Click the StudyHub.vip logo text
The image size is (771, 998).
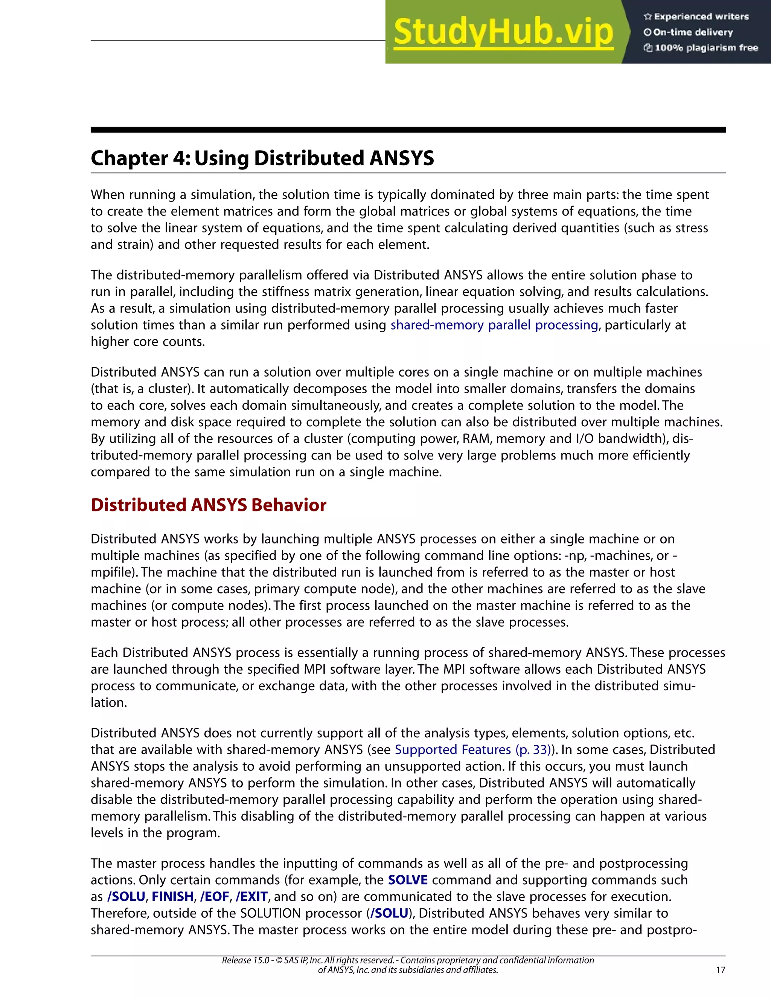click(503, 32)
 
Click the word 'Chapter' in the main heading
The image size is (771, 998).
click(129, 159)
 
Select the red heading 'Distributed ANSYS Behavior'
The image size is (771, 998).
click(208, 505)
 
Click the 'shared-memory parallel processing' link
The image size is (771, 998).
click(494, 325)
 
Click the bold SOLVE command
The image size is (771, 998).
click(407, 880)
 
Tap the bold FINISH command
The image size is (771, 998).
click(172, 897)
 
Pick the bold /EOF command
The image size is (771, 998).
click(214, 897)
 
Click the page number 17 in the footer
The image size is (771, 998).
click(720, 970)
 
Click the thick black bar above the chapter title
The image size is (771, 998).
click(407, 130)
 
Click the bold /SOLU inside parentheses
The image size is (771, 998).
click(389, 913)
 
